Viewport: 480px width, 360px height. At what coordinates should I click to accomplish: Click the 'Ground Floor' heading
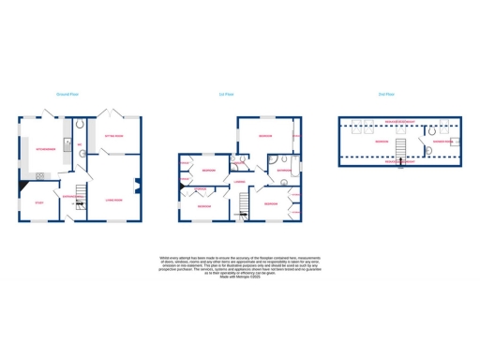[x=66, y=95]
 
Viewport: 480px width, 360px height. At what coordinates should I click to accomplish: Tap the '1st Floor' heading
[x=224, y=95]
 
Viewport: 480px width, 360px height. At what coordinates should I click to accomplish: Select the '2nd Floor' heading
[x=385, y=95]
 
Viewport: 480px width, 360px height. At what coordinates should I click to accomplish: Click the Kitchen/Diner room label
[x=46, y=149]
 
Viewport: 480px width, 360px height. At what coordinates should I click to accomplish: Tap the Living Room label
[x=117, y=199]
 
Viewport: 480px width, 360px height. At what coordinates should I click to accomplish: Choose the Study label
[x=39, y=202]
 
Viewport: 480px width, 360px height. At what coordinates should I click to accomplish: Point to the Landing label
[x=240, y=182]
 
